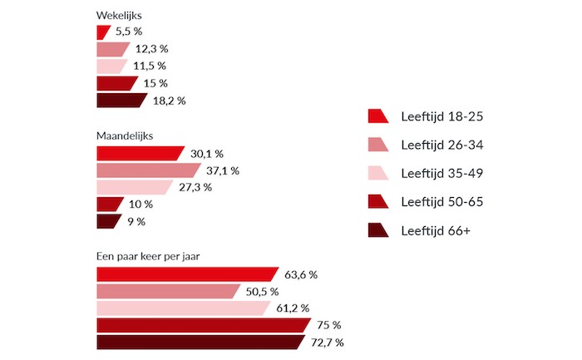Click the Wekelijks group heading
click(118, 16)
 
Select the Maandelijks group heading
click(125, 135)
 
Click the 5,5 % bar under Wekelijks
click(103, 32)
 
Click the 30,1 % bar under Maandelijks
click(139, 153)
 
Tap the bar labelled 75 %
click(202, 325)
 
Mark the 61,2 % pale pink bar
click(182, 308)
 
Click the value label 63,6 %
click(302, 274)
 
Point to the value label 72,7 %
click(327, 343)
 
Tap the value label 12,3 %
click(152, 49)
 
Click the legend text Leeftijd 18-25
click(441, 116)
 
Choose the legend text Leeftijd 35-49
click(441, 173)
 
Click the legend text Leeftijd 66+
click(435, 229)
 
